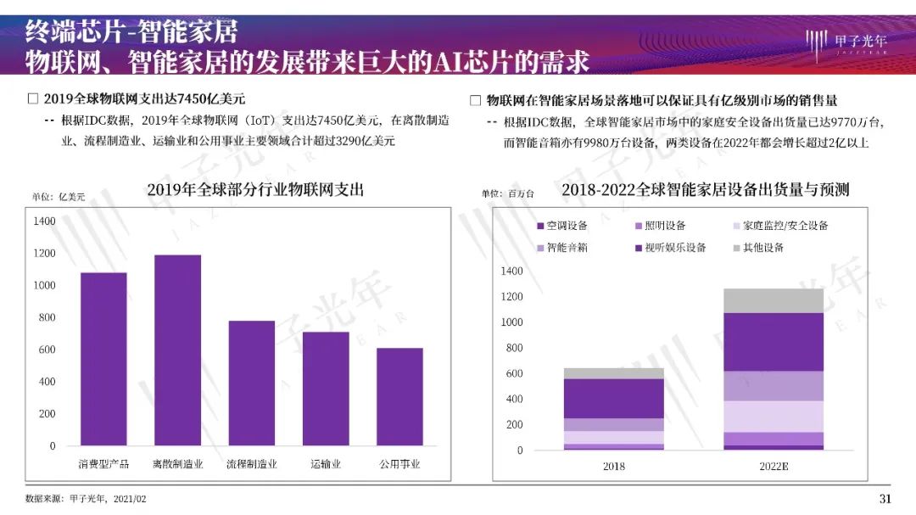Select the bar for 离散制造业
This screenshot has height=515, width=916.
177,350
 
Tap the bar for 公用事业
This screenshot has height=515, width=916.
399,396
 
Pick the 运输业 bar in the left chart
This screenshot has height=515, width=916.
326,388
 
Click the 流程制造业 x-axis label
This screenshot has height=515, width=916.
251,464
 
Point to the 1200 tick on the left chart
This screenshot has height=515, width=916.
45,253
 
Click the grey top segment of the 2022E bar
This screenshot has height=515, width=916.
773,300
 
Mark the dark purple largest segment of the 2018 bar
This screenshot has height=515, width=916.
613,398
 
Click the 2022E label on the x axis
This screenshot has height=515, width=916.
773,467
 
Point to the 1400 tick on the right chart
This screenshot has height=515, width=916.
513,271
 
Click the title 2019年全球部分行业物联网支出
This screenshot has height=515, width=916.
255,190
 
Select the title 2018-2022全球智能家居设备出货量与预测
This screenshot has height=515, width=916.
705,190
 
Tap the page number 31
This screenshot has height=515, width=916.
885,498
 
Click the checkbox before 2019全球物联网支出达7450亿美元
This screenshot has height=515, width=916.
33,98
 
